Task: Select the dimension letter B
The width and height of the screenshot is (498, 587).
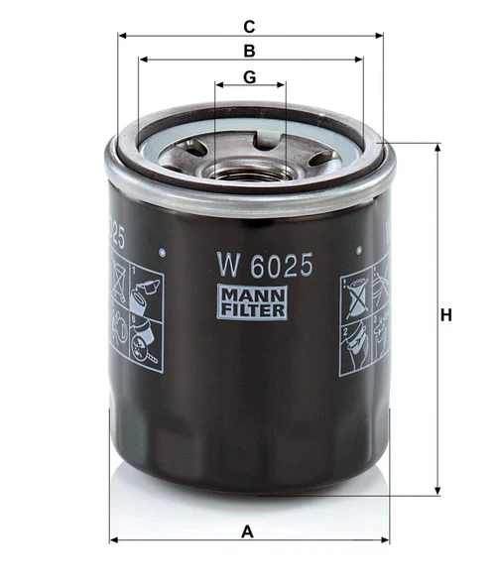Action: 250,51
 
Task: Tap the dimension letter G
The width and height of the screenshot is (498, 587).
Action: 250,76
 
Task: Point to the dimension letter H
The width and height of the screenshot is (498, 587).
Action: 446,316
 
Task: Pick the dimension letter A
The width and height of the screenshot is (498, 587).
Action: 248,531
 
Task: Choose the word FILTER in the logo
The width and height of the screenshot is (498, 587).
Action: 252,310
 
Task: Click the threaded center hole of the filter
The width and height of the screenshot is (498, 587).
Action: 250,170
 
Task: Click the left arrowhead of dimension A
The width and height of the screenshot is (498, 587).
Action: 113,540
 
